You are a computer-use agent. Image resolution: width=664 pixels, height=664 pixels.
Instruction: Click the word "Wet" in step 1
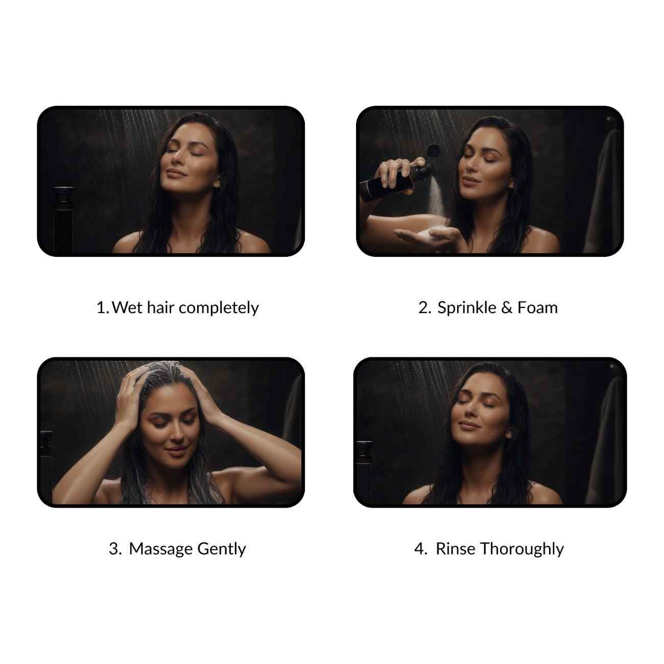[127, 307]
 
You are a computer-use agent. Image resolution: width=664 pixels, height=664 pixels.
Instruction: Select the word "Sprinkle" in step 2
[466, 307]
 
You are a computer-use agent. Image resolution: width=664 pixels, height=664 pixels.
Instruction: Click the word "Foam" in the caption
[537, 307]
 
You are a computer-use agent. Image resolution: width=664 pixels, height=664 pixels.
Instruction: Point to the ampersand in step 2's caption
[507, 307]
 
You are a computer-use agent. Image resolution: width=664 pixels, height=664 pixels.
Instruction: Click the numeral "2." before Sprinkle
[424, 307]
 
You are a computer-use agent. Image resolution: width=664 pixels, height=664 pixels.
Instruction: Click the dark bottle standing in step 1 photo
[64, 220]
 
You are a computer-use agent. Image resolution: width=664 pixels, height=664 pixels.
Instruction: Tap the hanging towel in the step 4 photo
[605, 441]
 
